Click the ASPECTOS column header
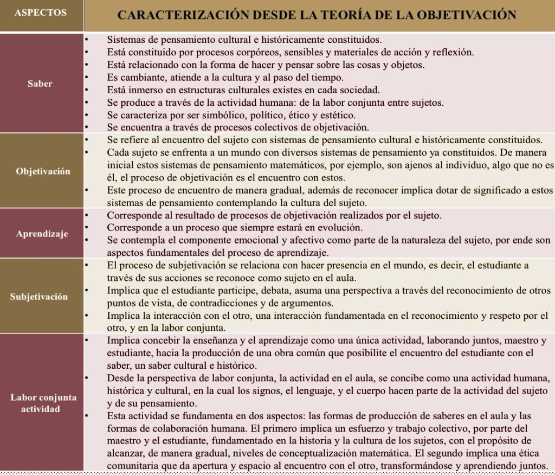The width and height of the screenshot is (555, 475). pos(41,12)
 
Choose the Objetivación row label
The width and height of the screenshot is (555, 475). pos(42,171)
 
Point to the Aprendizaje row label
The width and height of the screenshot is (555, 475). pos(42,234)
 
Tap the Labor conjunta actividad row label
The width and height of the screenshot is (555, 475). pos(43,403)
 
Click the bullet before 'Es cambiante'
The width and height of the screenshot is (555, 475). pos(87,77)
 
